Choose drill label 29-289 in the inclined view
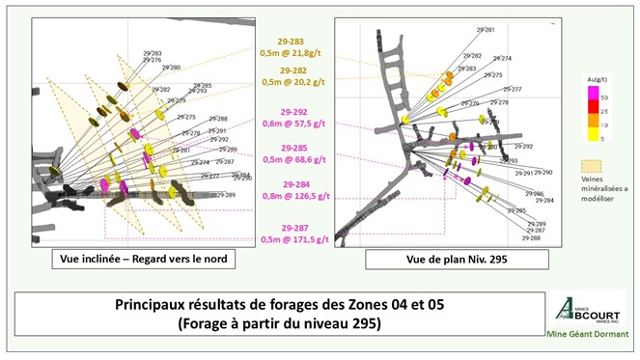pos(226,195)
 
